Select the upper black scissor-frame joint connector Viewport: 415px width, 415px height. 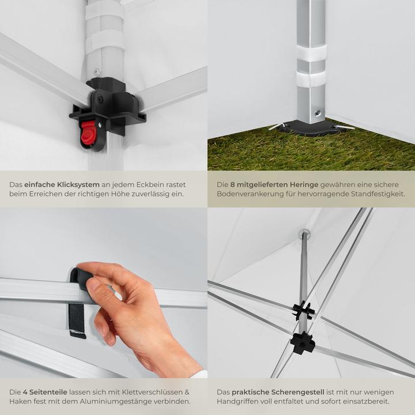(303, 311)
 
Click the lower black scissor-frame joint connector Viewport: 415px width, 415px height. (303, 342)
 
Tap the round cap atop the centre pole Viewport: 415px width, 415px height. (304, 234)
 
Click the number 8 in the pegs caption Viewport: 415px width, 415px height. (232, 184)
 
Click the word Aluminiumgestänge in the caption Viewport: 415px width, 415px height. (116, 401)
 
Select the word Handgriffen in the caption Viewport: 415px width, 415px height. (241, 401)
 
